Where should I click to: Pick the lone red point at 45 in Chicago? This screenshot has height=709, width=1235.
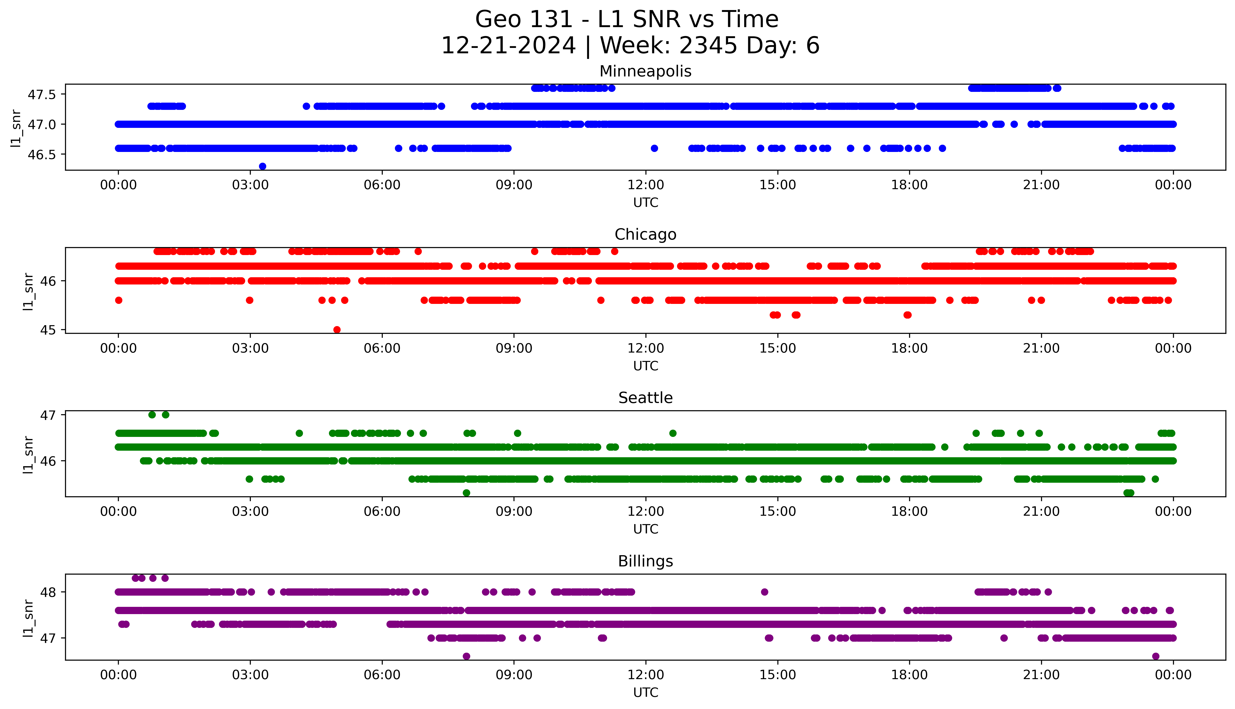click(337, 330)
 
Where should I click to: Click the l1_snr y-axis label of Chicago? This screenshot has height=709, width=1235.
click(28, 291)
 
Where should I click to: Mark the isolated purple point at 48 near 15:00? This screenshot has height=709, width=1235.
click(764, 592)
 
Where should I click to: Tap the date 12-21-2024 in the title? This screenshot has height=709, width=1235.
click(509, 46)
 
